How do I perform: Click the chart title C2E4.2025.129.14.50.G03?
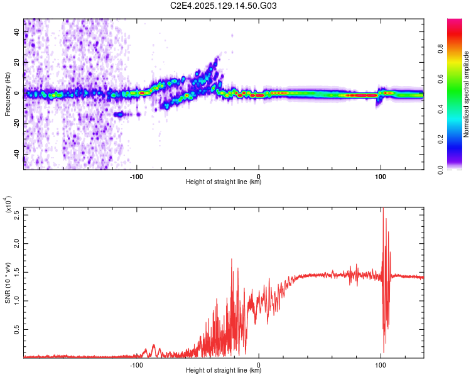pyautogui.click(x=224, y=6)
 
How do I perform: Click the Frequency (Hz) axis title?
pyautogui.click(x=8, y=94)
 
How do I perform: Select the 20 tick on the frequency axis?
pyautogui.click(x=17, y=63)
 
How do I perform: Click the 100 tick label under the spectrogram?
pyautogui.click(x=380, y=176)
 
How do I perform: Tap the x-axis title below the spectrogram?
pyautogui.click(x=224, y=182)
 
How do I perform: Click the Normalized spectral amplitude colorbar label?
pyautogui.click(x=466, y=94)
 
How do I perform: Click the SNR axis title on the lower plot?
pyautogui.click(x=8, y=283)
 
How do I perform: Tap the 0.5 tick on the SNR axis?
pyautogui.click(x=17, y=329)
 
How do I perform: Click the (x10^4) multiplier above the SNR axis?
pyautogui.click(x=8, y=205)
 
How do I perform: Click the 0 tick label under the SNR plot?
pyautogui.click(x=259, y=364)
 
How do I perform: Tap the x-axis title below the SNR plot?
pyautogui.click(x=224, y=371)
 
